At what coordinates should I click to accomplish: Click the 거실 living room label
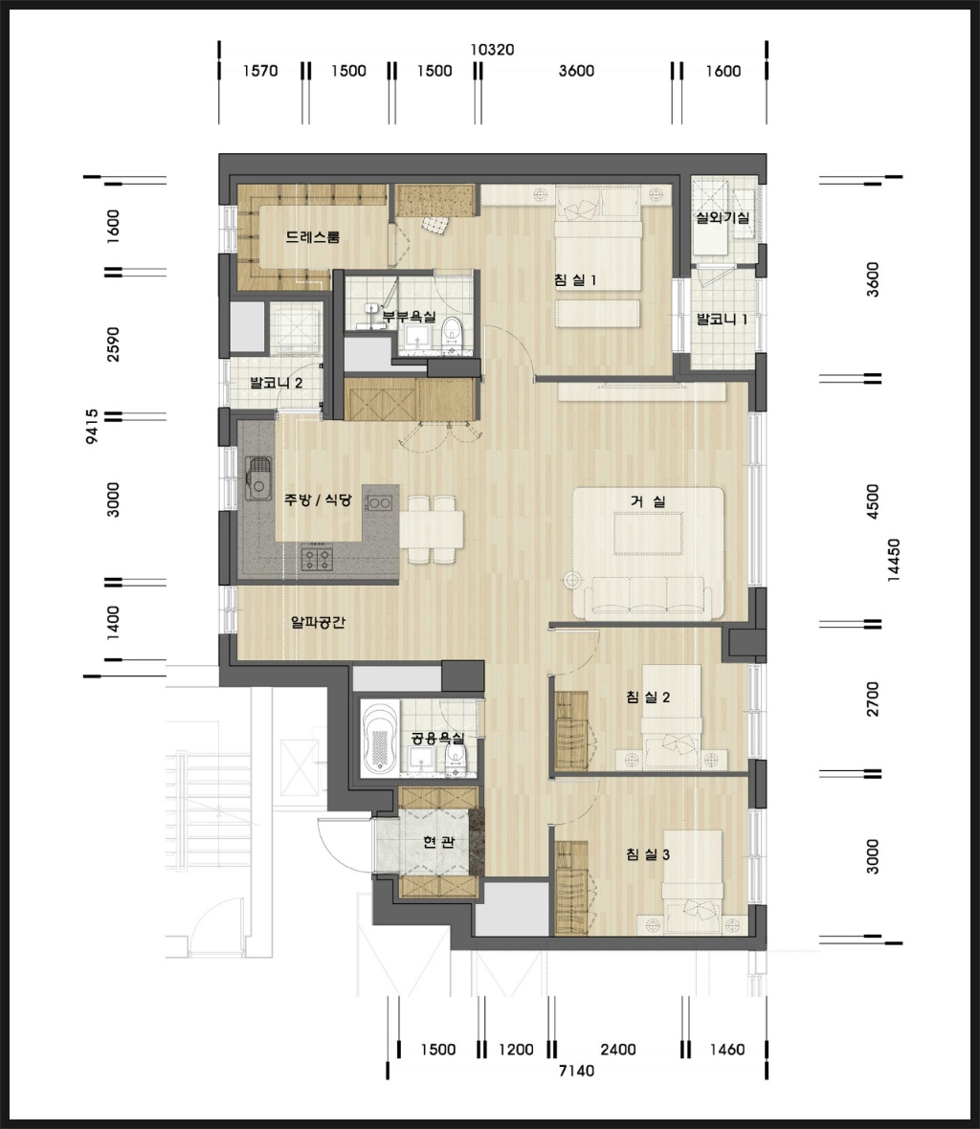click(x=648, y=501)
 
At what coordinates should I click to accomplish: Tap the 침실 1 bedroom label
click(x=575, y=279)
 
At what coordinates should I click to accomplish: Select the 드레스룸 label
click(x=312, y=237)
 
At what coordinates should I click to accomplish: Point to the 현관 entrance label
click(x=438, y=841)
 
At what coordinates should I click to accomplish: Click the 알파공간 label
click(x=318, y=621)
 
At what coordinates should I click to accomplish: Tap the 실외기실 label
click(x=723, y=217)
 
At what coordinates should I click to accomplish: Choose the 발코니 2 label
click(x=276, y=383)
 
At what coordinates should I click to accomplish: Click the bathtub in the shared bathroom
click(x=380, y=740)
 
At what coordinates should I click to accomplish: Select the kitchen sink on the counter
click(x=257, y=478)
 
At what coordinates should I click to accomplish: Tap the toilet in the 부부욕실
click(x=452, y=335)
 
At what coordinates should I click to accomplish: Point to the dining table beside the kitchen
click(x=432, y=529)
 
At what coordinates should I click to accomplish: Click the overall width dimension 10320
click(x=493, y=50)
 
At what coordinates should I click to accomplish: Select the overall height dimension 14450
click(x=894, y=560)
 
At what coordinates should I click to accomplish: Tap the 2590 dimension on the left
click(x=113, y=344)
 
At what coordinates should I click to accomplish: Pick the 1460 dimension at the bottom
click(x=727, y=1049)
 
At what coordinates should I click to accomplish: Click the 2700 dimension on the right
click(x=873, y=698)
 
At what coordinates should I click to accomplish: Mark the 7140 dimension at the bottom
click(x=577, y=1071)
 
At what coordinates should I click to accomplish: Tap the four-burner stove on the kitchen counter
click(x=317, y=558)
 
